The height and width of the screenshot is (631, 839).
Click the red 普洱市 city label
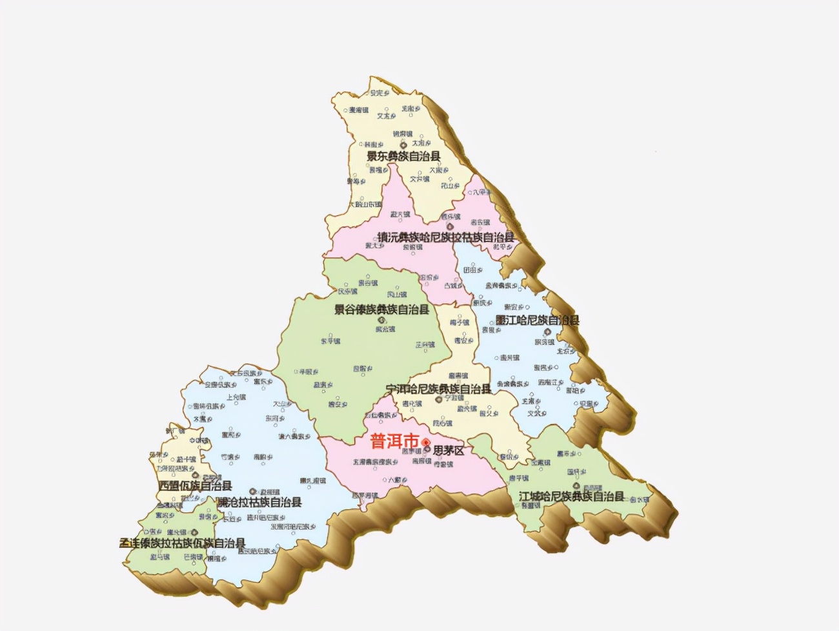pos(394,442)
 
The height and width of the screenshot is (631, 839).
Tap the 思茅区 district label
pos(449,450)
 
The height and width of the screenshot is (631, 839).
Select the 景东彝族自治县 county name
pos(404,156)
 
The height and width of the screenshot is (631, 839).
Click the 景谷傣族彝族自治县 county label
pos(381,310)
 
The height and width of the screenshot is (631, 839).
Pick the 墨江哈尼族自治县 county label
pos(537,320)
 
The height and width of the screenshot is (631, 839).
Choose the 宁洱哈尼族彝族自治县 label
pos(438,389)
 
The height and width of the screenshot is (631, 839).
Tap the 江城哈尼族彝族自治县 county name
pos(571,496)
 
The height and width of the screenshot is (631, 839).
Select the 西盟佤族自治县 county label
pos(195,486)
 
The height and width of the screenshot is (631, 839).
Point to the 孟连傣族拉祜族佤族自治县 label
pos(183,543)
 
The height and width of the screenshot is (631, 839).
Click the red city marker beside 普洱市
pos(426,442)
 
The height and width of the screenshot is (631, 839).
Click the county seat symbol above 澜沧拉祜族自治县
pos(253,491)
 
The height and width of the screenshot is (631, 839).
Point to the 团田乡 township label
pos(472,270)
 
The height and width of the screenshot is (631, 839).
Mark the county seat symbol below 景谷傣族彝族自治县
pos(381,320)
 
